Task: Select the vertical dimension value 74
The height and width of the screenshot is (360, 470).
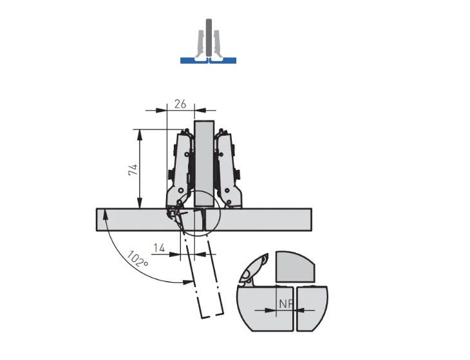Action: pyautogui.click(x=132, y=171)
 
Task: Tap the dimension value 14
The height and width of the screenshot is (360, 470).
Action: pyautogui.click(x=158, y=247)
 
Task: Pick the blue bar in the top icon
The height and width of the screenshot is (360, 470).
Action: pyautogui.click(x=208, y=61)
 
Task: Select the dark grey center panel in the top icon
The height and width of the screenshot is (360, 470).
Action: pyautogui.click(x=208, y=39)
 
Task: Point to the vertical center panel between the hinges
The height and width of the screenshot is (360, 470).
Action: pyautogui.click(x=204, y=161)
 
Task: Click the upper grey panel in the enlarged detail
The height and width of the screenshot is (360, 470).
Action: pyautogui.click(x=294, y=266)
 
